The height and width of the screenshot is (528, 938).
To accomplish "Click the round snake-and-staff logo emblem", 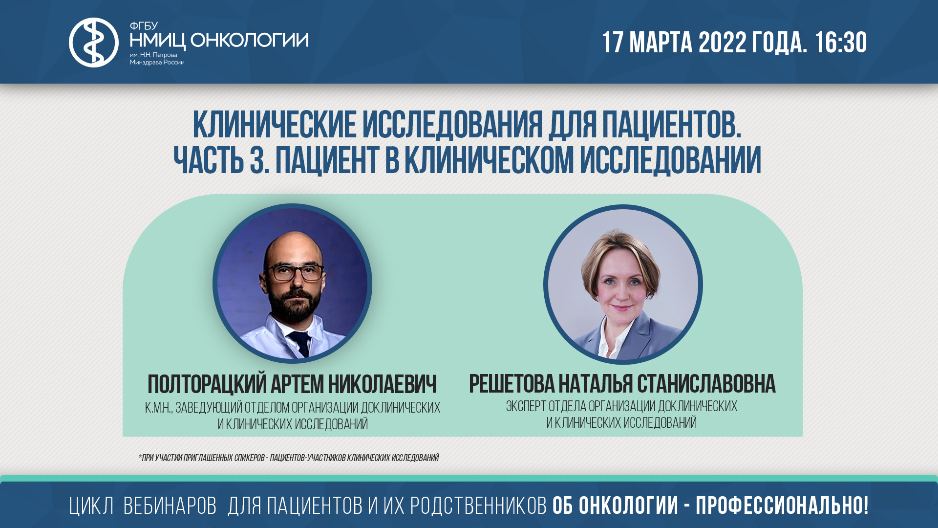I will click(93, 43).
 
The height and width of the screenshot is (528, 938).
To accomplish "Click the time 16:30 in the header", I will click(840, 43).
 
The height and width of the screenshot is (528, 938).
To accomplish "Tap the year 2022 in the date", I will click(722, 43).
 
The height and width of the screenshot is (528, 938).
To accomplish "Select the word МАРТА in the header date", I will click(661, 43).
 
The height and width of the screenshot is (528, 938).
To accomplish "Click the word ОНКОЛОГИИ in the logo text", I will click(249, 40).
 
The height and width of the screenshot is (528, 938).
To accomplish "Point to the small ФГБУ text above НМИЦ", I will click(143, 26).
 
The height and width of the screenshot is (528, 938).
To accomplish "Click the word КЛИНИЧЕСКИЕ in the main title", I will click(274, 126).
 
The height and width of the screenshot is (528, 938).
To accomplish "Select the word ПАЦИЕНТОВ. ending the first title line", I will click(671, 126).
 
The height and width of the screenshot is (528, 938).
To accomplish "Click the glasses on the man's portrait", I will click(293, 272).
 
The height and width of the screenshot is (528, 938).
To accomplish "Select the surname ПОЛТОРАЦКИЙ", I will click(207, 384).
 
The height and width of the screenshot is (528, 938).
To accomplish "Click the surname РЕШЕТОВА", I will click(512, 384).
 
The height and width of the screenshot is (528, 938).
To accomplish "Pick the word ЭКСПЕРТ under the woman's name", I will click(526, 406).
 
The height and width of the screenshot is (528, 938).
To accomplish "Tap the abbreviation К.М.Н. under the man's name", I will click(158, 408).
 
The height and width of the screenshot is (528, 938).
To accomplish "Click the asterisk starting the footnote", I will click(140, 457).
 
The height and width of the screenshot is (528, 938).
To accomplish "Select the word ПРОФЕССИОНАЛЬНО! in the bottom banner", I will click(782, 506).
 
